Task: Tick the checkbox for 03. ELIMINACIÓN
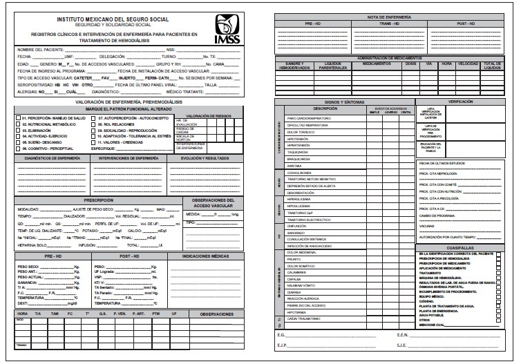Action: (x=19, y=128)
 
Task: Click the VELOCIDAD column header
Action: (x=467, y=64)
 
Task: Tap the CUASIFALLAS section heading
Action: (x=460, y=247)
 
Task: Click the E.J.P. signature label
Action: (x=283, y=345)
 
